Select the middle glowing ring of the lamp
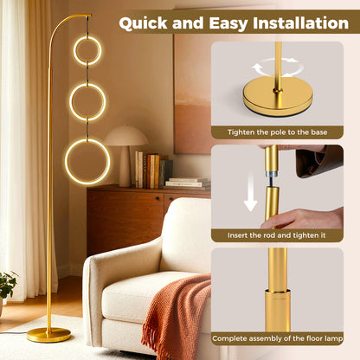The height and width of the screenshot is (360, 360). [x=87, y=101]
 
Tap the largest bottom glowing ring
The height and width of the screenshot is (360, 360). [x=87, y=161]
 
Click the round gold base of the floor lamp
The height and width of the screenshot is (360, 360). [x=49, y=334]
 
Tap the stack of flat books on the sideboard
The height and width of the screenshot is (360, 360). [x=188, y=183]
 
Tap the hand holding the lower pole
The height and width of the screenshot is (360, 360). [x=307, y=218]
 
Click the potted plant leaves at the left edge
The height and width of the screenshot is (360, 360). [x=7, y=285]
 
